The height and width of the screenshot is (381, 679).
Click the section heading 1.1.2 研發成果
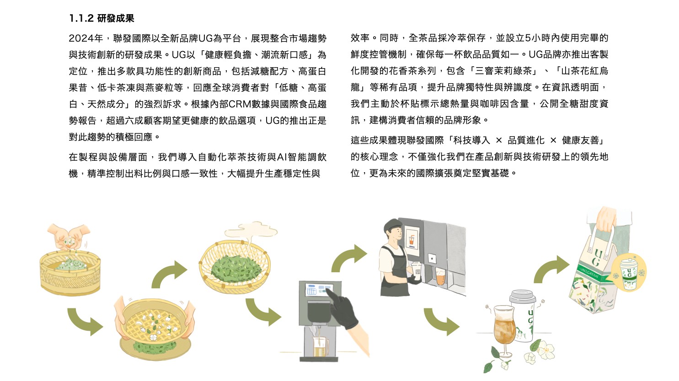[102, 18]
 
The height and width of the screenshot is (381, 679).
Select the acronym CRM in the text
[241, 104]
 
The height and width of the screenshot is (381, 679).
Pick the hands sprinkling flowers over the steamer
[69, 237]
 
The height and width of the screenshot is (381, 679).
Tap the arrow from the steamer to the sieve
[85, 321]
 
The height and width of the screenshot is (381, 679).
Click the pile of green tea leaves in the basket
[236, 268]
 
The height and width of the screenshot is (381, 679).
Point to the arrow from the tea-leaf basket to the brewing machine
[263, 312]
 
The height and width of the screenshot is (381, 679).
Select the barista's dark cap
[393, 225]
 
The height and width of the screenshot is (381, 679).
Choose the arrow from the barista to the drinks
[441, 322]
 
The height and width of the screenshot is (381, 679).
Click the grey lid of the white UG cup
[522, 296]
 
